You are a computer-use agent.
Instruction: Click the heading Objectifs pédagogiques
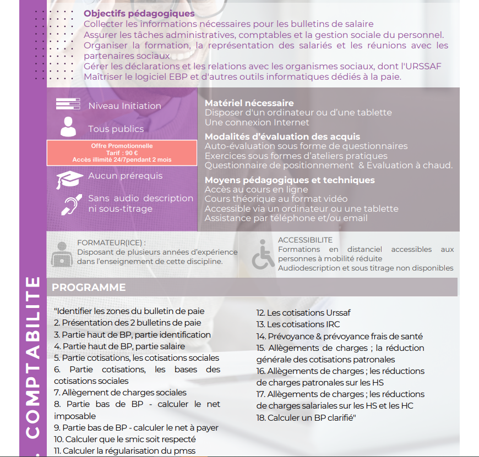[x=139, y=13]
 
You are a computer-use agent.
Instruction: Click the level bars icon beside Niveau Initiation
[x=68, y=104]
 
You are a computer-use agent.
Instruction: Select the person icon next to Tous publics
[x=68, y=126]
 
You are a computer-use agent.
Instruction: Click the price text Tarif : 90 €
[x=122, y=153]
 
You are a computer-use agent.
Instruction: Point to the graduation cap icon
[x=69, y=179]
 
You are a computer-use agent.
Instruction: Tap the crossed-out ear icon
[x=69, y=204]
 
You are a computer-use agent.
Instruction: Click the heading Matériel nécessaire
[x=249, y=103]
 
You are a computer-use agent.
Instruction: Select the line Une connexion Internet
[x=257, y=122]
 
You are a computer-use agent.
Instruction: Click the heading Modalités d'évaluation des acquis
[x=282, y=136]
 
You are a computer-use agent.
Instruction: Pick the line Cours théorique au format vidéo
[x=276, y=199]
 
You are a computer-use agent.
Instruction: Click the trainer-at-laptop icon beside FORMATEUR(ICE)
[x=62, y=254]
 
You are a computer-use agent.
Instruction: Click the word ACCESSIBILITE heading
[x=305, y=240]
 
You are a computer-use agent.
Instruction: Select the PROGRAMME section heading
[x=89, y=287]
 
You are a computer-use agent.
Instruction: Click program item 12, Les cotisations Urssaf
[x=303, y=312]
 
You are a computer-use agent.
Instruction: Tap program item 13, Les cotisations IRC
[x=298, y=324]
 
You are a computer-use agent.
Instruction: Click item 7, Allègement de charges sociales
[x=120, y=393]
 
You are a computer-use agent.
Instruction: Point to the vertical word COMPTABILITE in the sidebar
[x=33, y=357]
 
